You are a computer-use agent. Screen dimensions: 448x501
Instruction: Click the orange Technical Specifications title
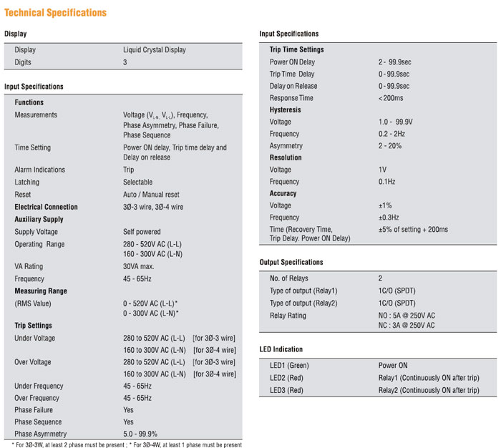point(55,12)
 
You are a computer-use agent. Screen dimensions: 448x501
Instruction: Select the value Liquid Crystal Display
point(154,50)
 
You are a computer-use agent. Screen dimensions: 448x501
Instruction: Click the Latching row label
point(27,182)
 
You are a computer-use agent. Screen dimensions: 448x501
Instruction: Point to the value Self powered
point(142,232)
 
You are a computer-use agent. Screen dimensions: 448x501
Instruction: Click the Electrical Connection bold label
point(46,207)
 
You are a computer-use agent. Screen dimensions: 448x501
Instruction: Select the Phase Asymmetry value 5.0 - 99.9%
point(140,434)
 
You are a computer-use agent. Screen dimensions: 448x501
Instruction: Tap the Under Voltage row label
point(34,338)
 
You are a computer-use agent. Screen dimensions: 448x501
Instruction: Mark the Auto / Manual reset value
point(151,195)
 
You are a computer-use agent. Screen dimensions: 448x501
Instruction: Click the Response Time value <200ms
point(391,98)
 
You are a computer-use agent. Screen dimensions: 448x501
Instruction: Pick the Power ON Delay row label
point(292,62)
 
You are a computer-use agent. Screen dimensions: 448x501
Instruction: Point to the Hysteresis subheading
point(285,110)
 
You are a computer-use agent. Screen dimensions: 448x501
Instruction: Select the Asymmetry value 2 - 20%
point(390,146)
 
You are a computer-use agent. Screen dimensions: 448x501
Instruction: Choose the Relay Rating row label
point(288,316)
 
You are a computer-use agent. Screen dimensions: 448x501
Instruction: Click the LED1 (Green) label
point(289,366)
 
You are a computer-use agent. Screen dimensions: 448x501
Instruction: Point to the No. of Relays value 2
point(381,278)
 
